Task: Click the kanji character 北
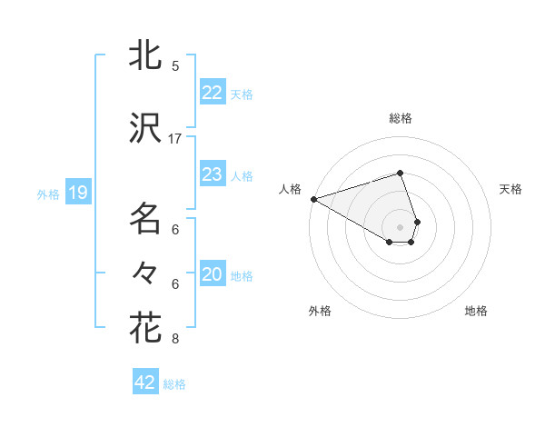click(x=145, y=56)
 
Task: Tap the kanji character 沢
click(x=145, y=129)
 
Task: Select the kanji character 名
click(x=145, y=219)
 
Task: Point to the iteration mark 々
click(x=145, y=272)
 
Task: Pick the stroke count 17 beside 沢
click(x=175, y=139)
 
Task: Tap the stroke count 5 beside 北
click(x=175, y=66)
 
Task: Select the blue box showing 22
click(x=213, y=92)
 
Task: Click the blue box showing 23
click(x=213, y=174)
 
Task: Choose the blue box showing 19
click(x=77, y=193)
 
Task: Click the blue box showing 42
click(x=145, y=382)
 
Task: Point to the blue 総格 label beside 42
click(x=174, y=384)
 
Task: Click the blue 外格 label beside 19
click(x=47, y=194)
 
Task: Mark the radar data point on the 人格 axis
click(x=313, y=198)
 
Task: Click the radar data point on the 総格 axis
click(x=400, y=173)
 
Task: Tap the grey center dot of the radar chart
click(x=400, y=226)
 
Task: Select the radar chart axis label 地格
click(x=476, y=312)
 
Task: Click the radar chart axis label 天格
click(x=510, y=189)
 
